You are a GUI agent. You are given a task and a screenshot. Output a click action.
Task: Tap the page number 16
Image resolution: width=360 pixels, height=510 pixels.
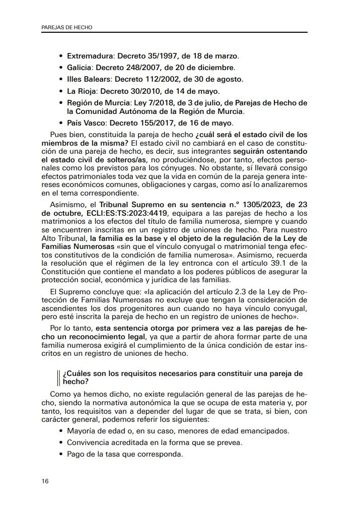(x=45, y=481)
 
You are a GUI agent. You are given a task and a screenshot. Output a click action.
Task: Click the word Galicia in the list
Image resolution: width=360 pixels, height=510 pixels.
(x=79, y=67)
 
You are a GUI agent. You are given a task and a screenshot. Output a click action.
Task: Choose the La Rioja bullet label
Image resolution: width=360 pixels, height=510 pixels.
(x=82, y=91)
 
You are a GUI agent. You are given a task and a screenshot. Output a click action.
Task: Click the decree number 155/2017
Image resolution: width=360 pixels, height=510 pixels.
(x=157, y=123)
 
